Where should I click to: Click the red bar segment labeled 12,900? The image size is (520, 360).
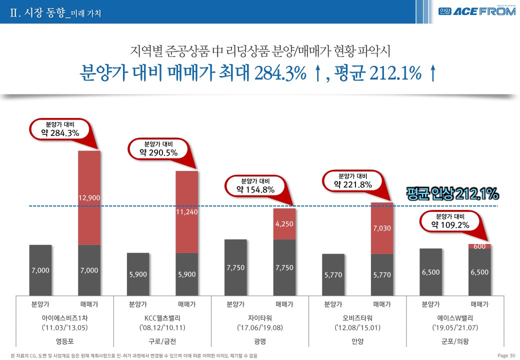point(89,197)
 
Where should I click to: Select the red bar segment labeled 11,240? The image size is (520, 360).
point(187,211)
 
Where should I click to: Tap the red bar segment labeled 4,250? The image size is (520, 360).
point(284,223)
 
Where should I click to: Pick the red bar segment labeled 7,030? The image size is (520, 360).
point(382,228)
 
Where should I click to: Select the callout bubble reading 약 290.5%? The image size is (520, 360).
point(158,149)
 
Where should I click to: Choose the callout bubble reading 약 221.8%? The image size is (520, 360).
point(353,180)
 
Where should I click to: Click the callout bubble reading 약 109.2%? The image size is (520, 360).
point(450,221)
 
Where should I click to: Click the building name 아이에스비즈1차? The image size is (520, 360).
point(65,317)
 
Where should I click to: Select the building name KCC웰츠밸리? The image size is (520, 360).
point(162,317)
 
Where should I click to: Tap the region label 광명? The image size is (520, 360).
point(260,341)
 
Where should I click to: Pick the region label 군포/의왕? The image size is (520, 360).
point(455,341)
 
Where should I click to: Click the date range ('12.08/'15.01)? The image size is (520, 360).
point(357,328)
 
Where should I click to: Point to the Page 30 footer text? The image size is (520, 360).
point(506,355)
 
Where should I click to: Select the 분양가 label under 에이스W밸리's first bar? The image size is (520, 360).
point(430,303)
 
